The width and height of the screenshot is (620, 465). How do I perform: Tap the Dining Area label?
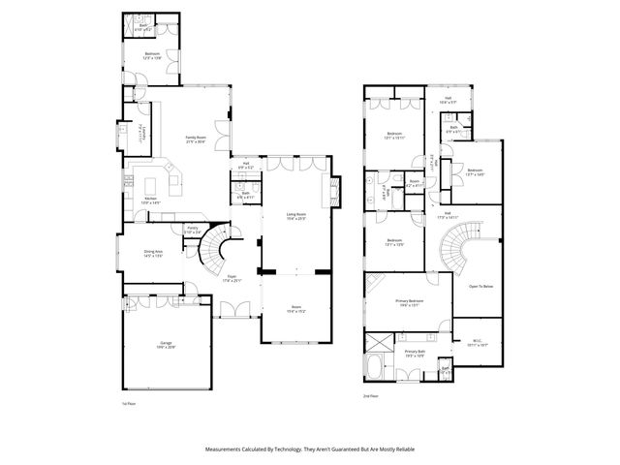click(x=152, y=254)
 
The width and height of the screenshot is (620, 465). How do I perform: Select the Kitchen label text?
click(x=151, y=199)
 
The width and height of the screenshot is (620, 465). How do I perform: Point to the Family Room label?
click(x=198, y=138)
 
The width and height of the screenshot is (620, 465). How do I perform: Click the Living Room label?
click(x=296, y=215)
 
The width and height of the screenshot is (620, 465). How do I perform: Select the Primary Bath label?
click(x=417, y=352)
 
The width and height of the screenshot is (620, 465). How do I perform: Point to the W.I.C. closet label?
click(x=475, y=342)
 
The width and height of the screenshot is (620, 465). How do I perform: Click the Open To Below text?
click(x=481, y=286)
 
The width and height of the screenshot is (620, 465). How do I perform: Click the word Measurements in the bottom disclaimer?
click(x=229, y=449)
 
